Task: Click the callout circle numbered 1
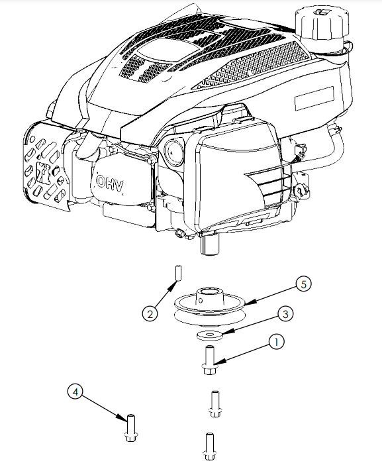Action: click(x=276, y=342)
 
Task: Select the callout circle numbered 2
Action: click(x=150, y=314)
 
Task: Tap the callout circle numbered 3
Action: click(x=285, y=314)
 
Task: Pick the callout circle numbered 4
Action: click(x=75, y=392)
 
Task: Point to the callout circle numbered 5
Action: click(x=303, y=284)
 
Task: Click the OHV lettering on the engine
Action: click(x=110, y=183)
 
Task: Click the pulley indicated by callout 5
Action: click(x=210, y=307)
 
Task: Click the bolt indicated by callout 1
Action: click(x=209, y=360)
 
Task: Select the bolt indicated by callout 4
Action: click(x=131, y=428)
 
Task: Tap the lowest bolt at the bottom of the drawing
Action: click(x=209, y=447)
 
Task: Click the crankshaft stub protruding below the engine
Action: click(x=209, y=244)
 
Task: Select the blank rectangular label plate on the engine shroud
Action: click(x=314, y=99)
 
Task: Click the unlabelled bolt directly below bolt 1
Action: click(x=215, y=404)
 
